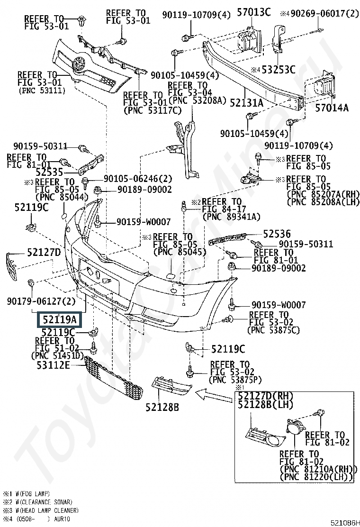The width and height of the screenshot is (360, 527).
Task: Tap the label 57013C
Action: [253, 12]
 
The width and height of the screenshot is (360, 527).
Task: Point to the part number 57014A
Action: [332, 108]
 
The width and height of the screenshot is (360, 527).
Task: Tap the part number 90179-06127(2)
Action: [41, 301]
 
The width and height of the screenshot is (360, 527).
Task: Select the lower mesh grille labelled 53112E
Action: [113, 377]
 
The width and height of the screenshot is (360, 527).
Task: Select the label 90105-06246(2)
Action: [135, 179]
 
